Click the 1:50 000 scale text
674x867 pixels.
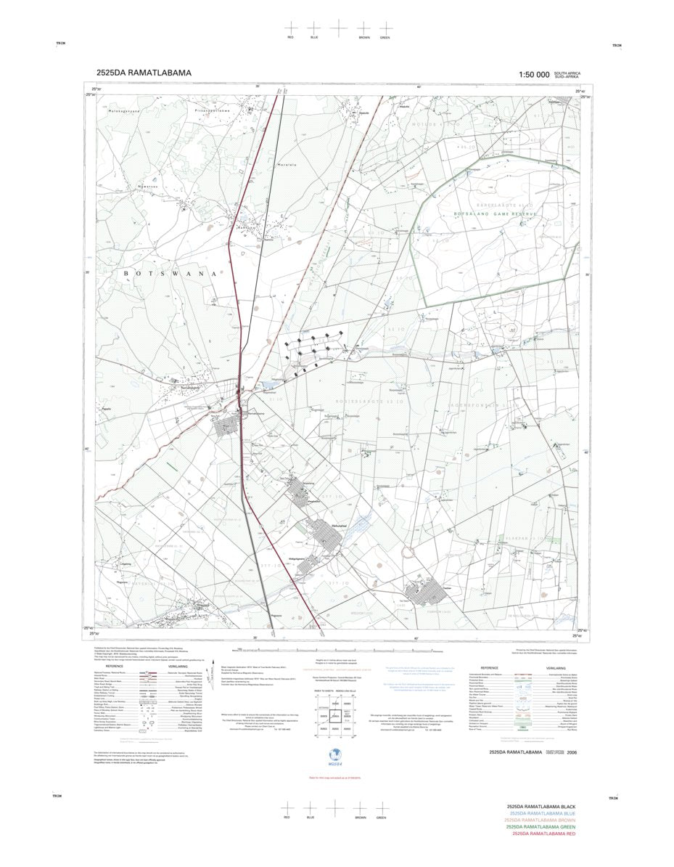533,74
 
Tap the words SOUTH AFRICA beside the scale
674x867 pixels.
567,72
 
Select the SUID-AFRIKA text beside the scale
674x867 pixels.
567,76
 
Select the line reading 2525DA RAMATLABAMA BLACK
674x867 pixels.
541,807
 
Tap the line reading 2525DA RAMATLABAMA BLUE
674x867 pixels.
541,813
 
